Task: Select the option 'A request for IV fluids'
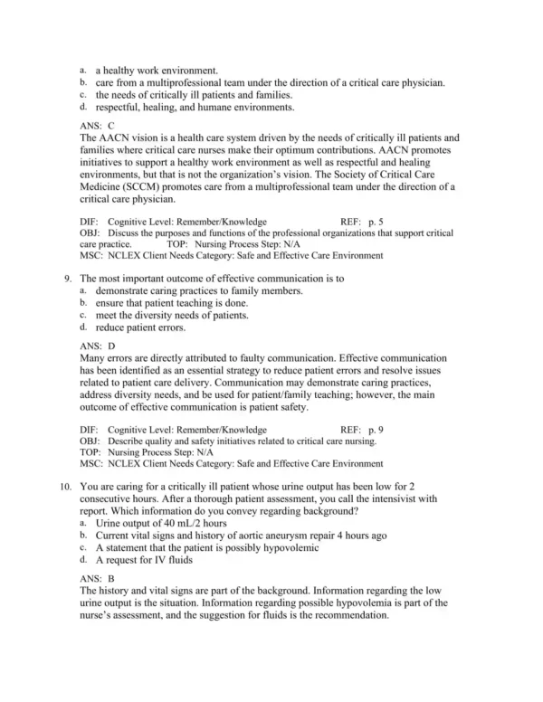[x=148, y=560]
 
